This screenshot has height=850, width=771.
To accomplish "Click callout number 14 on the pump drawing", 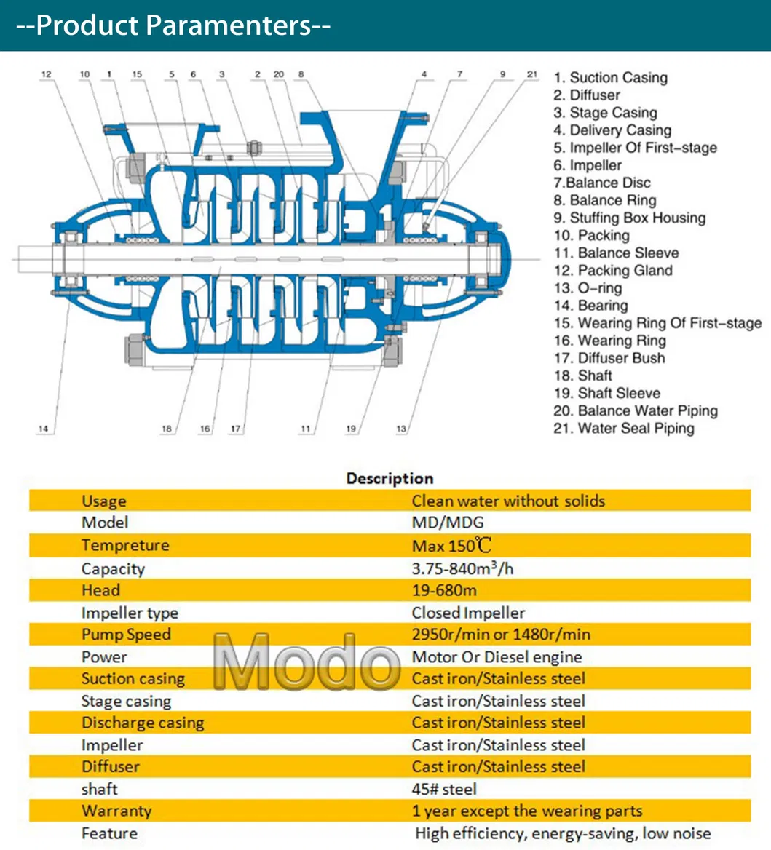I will [x=44, y=429].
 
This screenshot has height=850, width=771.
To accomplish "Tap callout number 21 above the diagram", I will [x=532, y=74].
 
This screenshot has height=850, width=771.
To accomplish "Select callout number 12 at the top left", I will [x=47, y=74].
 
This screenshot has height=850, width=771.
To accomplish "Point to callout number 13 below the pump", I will [x=401, y=429].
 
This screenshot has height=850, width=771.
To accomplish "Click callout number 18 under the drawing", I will [x=167, y=429].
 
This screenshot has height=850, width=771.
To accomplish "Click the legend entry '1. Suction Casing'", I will [x=610, y=78].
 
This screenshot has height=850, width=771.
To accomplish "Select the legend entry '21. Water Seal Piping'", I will [x=624, y=428].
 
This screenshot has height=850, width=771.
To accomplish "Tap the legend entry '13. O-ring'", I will [x=588, y=287].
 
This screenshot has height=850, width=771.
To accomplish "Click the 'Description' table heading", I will [x=390, y=478].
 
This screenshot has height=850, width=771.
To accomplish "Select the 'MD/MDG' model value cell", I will [x=447, y=523].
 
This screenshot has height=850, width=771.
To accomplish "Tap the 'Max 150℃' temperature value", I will [x=451, y=546].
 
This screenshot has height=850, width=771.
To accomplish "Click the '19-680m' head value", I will [x=444, y=590].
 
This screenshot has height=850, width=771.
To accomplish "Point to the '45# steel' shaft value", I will [x=444, y=789].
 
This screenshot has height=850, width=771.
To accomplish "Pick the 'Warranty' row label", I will [x=116, y=811].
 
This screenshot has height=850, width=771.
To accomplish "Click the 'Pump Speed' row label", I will [x=126, y=635].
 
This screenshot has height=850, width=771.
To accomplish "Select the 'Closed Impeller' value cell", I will [x=468, y=613].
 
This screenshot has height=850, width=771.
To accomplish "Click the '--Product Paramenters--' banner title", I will [x=173, y=25].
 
